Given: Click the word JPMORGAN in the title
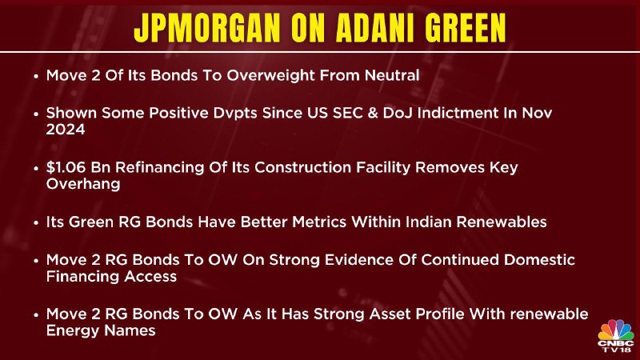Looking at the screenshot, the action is (207, 28).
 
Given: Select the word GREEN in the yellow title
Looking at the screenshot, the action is (466, 28).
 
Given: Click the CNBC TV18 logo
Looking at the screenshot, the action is (616, 335).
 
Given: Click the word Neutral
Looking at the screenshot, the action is (392, 75).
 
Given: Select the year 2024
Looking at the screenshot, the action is (66, 130).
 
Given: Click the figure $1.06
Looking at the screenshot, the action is (66, 167).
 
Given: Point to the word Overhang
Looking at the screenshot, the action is (83, 184).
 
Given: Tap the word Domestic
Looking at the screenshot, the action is (539, 259).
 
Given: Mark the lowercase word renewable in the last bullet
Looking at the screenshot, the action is (550, 314).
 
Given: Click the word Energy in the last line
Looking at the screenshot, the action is (72, 331).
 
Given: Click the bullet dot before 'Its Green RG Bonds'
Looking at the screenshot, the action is (37, 222).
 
